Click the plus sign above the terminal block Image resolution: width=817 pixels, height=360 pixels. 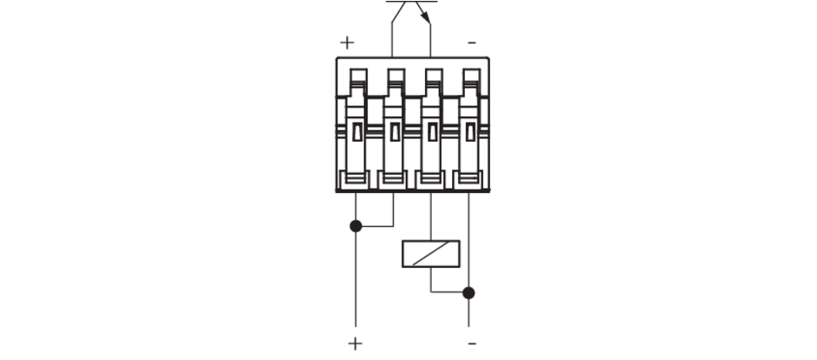point(347,43)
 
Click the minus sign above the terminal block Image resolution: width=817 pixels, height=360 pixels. point(472,43)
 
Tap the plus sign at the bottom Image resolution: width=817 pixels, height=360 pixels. point(355,343)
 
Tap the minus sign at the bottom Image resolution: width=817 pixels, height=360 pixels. point(472,343)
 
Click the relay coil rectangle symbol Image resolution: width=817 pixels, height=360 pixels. point(431,254)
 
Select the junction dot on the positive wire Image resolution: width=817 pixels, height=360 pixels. point(355,226)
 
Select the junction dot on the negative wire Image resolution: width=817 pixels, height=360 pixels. point(468,293)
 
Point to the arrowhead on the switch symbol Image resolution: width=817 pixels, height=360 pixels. point(427,18)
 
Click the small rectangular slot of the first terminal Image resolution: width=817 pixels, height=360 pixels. point(357,132)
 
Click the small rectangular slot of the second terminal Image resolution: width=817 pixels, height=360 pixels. point(395,132)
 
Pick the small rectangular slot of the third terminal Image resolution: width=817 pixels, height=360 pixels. point(433,132)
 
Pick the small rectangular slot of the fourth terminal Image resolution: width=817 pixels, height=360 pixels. point(470,132)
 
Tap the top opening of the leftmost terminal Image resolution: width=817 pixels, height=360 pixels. point(358,75)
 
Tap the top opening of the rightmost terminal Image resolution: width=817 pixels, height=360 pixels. point(472,75)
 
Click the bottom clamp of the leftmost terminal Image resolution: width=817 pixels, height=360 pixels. point(355,179)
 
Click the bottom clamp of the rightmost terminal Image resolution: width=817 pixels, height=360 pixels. point(468,179)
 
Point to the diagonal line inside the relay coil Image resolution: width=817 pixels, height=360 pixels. point(431,254)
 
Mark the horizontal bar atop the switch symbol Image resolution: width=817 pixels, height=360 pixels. point(412,2)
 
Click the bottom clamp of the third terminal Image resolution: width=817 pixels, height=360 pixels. point(430,179)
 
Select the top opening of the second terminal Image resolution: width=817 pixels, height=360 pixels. point(396,75)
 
